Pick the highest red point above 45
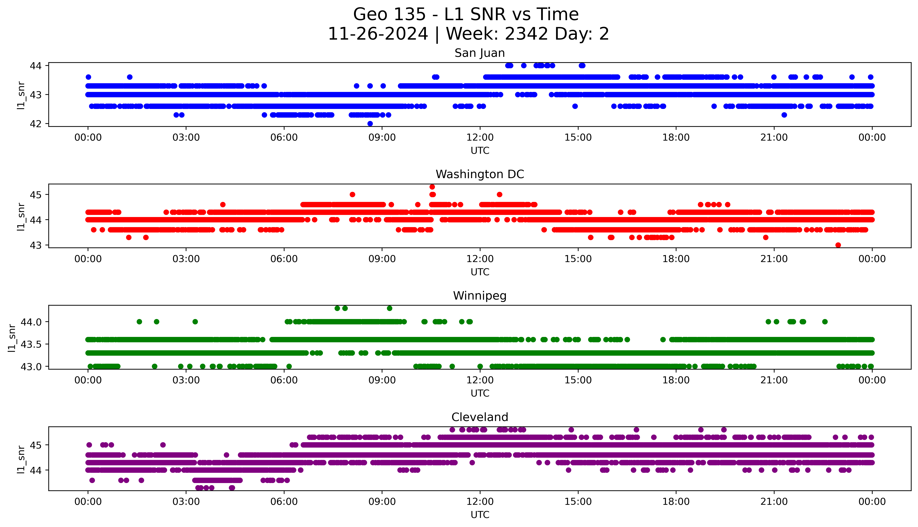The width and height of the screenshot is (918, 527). [x=432, y=187]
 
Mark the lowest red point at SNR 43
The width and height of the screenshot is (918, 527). [x=838, y=245]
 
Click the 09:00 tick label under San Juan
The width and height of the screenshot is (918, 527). [x=382, y=138]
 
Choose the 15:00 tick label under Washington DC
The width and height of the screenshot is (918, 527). [x=578, y=259]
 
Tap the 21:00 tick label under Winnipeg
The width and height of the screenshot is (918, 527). [x=774, y=380]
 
